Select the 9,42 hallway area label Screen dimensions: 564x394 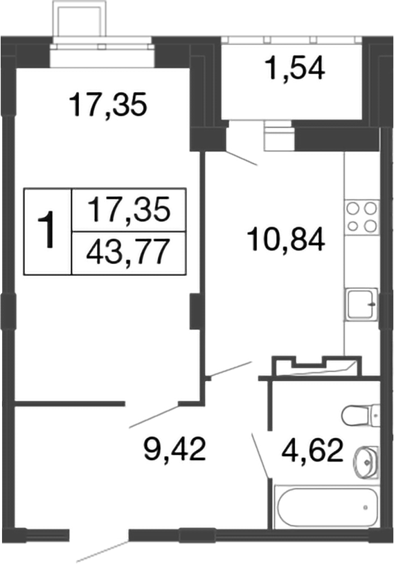(x=174, y=450)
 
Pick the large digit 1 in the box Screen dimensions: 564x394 (x=48, y=231)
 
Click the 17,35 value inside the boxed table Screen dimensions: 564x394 (x=129, y=209)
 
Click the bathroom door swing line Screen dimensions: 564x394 (x=260, y=455)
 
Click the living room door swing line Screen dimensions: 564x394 (x=154, y=414)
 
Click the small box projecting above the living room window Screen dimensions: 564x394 (x=80, y=23)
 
